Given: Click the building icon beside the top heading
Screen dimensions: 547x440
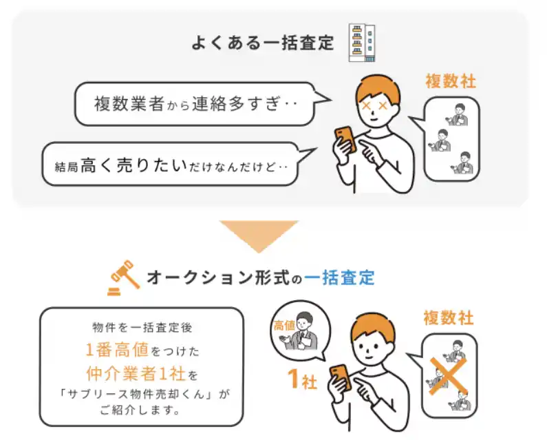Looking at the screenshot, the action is (362, 43).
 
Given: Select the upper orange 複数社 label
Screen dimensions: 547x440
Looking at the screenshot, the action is (451, 82).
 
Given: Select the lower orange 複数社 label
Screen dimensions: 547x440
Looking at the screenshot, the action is (449, 318).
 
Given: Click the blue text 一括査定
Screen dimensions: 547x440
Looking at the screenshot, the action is (340, 278).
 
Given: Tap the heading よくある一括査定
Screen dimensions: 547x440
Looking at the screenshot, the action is (263, 43).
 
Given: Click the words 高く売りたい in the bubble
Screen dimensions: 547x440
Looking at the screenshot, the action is (134, 165).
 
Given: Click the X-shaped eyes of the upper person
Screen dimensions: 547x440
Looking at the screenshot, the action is (375, 105).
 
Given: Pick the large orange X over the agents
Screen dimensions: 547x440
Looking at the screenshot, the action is (448, 375).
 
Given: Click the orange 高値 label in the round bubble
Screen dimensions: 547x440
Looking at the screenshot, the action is (284, 326).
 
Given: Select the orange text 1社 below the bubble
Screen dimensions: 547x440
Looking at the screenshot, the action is (302, 379).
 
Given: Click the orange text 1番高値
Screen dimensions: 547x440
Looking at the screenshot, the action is (117, 350).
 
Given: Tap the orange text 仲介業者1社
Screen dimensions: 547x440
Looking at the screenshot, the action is (136, 374).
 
